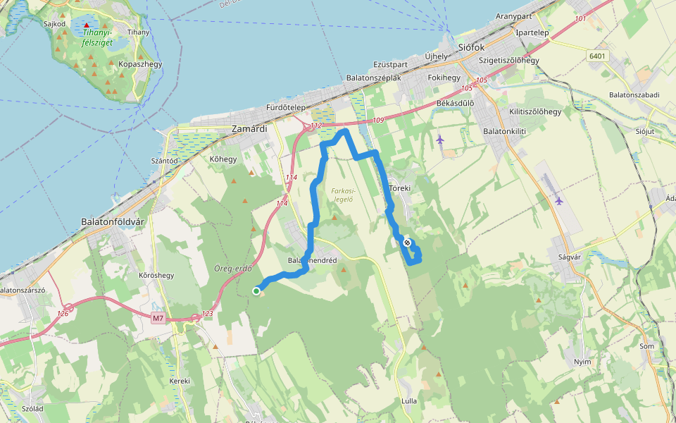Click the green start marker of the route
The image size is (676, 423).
pos(257,290)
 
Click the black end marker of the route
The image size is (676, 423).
pos(407,243)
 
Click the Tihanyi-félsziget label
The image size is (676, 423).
pos(97,37)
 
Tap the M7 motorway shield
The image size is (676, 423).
pos(158,319)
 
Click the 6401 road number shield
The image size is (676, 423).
pos(597,56)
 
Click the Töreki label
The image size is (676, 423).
pos(399,189)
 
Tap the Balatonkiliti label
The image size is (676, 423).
pos(505,130)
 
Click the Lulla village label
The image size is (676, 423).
pos(408,401)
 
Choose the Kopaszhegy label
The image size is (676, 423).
pos(140,64)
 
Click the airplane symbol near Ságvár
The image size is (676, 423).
pos(559,200)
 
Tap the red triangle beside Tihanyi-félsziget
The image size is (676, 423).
pos(87,25)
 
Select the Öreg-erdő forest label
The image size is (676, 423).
pos(232,269)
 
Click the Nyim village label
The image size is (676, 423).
pos(582,361)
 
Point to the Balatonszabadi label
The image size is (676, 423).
pos(634,94)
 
